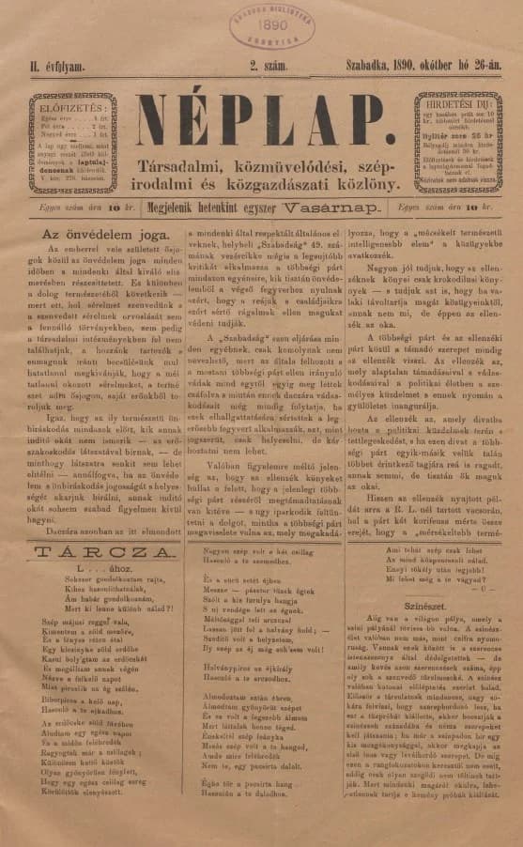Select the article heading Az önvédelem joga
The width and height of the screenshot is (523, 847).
pyautogui.click(x=97, y=231)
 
